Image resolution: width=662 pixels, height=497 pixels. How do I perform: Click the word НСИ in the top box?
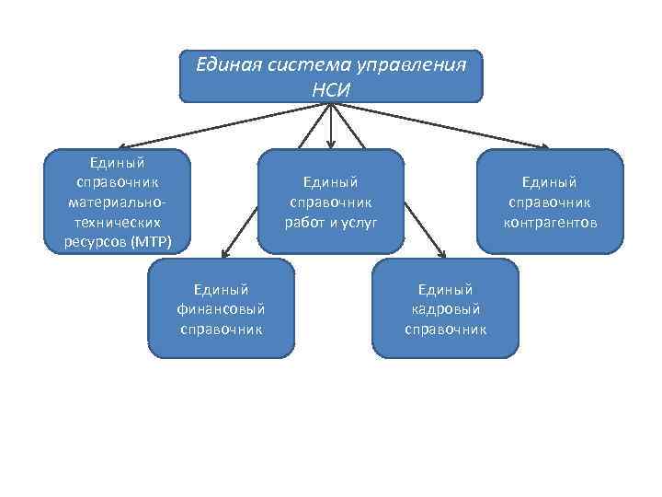(x=331, y=89)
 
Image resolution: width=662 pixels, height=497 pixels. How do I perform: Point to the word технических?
(x=117, y=222)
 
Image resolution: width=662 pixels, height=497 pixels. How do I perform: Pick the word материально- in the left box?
(x=117, y=202)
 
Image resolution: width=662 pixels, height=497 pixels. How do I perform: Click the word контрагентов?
(x=551, y=222)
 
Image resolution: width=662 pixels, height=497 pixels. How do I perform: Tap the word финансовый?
(x=221, y=308)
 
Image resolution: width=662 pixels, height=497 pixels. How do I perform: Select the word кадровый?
(x=446, y=308)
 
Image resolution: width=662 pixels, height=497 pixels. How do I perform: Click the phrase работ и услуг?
(x=333, y=222)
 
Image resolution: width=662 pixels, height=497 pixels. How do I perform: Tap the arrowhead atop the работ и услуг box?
(x=331, y=144)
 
